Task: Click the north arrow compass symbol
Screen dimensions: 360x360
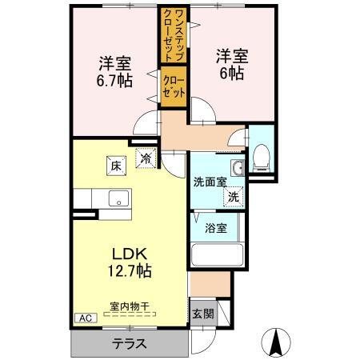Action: pos(276,342)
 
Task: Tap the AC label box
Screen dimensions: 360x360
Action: pos(86,318)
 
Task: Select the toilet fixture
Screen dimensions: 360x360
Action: pos(262,158)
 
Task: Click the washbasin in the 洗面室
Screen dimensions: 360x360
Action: pos(238,168)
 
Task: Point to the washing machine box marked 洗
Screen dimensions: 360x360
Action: pos(234,197)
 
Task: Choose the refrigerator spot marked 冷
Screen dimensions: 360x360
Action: pos(146,158)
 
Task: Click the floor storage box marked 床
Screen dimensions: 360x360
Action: pos(116,166)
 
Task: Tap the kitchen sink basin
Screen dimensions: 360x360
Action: pos(118,198)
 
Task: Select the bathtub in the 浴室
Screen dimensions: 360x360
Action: pos(218,254)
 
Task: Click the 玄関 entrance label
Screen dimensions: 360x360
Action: pos(203,314)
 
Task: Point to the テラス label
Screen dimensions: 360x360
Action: pos(130,343)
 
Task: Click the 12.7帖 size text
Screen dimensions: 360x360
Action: pos(130,271)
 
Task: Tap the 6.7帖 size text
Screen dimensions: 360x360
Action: pos(114,80)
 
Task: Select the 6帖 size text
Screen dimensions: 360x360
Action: pos(232,73)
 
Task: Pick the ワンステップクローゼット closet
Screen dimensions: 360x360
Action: pos(174,34)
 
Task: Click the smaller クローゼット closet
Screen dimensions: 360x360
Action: pos(174,86)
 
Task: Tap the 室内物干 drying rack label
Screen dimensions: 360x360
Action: pos(130,306)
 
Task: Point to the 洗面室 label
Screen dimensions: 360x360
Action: pos(210,182)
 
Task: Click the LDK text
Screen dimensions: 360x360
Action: pos(130,254)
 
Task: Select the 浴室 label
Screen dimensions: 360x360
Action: pos(216,228)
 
